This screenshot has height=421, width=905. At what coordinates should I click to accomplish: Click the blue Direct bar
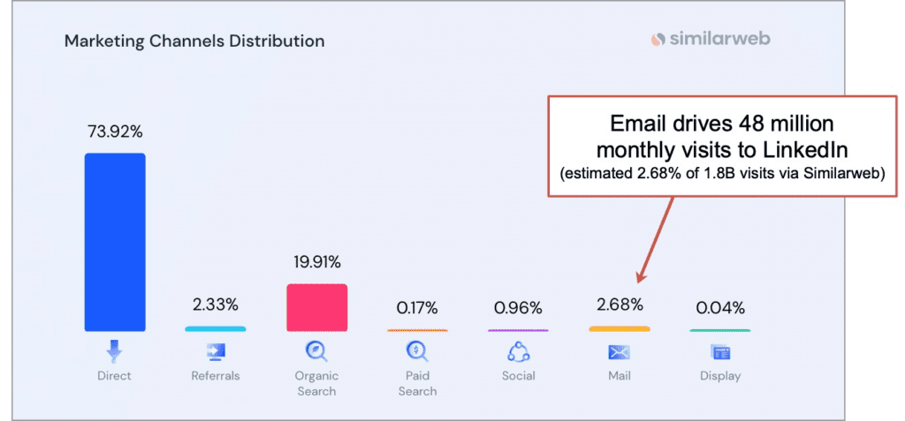pos(115,242)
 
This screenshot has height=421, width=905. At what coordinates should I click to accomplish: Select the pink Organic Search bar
pos(316,307)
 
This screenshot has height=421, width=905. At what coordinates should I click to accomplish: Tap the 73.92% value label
pos(115,132)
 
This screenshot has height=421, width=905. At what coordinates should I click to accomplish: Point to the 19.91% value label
pos(316,262)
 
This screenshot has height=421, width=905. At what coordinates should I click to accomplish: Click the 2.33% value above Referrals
pos(216,305)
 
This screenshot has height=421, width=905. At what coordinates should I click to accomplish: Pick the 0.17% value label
pos(417,308)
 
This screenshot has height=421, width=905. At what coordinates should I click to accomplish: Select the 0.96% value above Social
pos(518,308)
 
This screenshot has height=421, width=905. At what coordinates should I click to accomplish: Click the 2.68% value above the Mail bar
pos(619,305)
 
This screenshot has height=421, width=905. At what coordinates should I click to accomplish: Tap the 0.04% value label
pos(719,308)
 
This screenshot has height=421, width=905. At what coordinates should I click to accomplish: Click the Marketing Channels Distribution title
pos(194,41)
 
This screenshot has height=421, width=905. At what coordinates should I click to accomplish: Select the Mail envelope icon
pos(619,353)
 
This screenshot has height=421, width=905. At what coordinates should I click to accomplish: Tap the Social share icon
pos(518,352)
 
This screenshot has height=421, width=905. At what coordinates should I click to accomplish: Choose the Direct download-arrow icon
pos(114,352)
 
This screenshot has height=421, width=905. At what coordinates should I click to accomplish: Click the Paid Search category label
pos(417,383)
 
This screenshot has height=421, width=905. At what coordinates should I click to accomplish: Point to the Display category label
pos(719,376)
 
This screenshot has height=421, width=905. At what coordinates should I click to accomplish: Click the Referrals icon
pos(216,353)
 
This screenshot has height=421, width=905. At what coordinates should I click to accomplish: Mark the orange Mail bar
pos(619,329)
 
